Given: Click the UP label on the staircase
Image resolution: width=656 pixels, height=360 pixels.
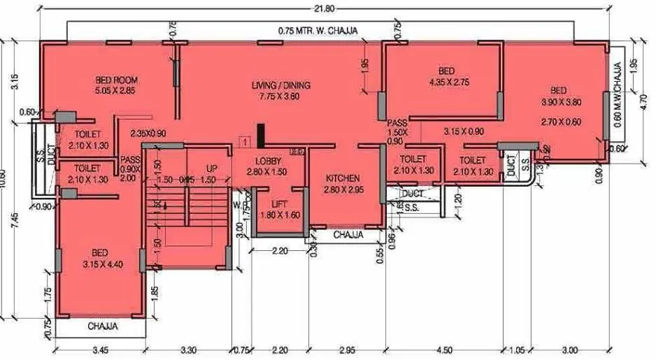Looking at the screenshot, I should [x=211, y=169].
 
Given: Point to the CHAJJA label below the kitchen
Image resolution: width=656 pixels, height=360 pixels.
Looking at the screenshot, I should [x=348, y=235].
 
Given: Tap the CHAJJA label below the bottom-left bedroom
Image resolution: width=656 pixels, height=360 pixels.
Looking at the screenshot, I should [x=102, y=326].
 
